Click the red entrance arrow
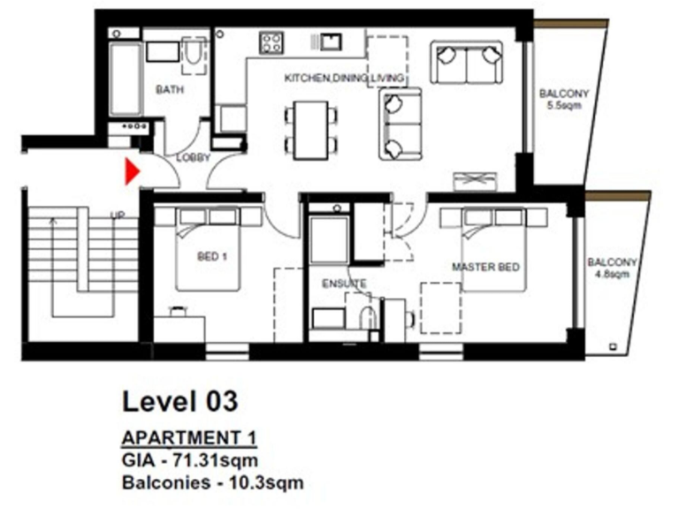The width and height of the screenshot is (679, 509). [133, 171]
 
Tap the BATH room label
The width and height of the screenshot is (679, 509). [168, 90]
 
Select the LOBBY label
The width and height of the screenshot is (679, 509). [194, 158]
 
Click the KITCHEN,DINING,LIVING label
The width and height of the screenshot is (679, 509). [344, 79]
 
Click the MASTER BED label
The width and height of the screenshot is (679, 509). [485, 266]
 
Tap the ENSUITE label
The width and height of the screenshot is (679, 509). [344, 284]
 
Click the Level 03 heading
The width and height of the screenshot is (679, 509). [179, 401]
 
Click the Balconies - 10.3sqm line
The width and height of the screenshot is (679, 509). [212, 483]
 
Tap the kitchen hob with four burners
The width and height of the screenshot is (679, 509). [270, 42]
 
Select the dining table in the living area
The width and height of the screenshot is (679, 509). [309, 127]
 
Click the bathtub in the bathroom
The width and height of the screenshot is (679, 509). [126, 79]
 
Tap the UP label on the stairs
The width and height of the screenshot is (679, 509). [116, 215]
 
